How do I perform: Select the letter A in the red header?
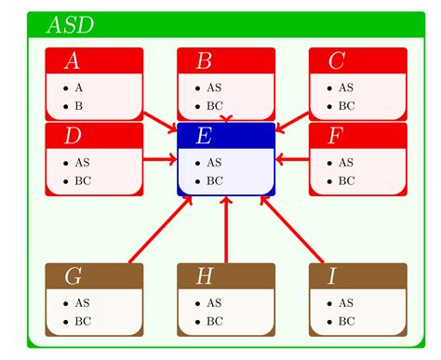[x=71, y=61]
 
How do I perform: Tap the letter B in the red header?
[x=204, y=61]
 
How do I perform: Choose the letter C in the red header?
[x=336, y=61]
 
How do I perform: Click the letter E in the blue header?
[x=204, y=136]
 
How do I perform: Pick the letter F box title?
[x=336, y=136]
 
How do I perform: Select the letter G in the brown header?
[x=72, y=276]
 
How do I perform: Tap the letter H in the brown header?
[x=204, y=276]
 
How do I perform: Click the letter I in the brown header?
[x=332, y=276]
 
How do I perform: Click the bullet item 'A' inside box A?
[x=79, y=87]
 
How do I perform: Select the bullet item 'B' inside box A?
[x=79, y=105]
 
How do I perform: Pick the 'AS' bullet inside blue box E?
[x=214, y=162]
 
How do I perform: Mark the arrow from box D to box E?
[x=160, y=160]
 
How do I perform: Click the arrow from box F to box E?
[x=292, y=160]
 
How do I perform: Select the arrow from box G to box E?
[x=158, y=230]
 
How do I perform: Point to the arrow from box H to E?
[x=225, y=230]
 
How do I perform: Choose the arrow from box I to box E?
[x=292, y=230]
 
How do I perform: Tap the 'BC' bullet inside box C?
[x=346, y=105]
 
